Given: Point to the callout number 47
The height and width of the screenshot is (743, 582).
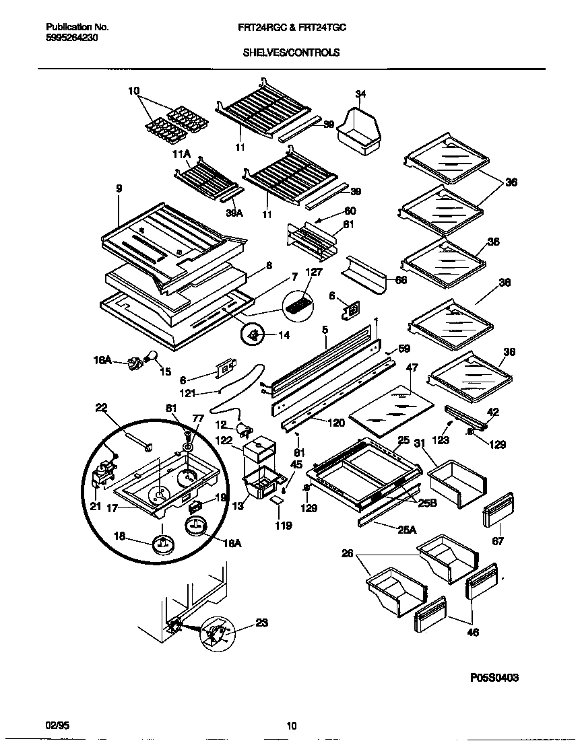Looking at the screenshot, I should coord(412,367).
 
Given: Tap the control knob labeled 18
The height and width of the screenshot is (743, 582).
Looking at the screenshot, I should coord(162,542).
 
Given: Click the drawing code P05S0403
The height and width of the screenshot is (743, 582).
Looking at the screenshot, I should coord(494,678).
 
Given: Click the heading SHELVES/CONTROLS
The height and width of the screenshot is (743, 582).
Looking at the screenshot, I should coord(291,52).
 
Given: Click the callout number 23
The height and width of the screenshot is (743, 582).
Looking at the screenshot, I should coord(261,623).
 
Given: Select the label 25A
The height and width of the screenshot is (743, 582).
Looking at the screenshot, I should coord(406,530).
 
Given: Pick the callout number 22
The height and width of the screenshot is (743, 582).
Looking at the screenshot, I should coord(101,408).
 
